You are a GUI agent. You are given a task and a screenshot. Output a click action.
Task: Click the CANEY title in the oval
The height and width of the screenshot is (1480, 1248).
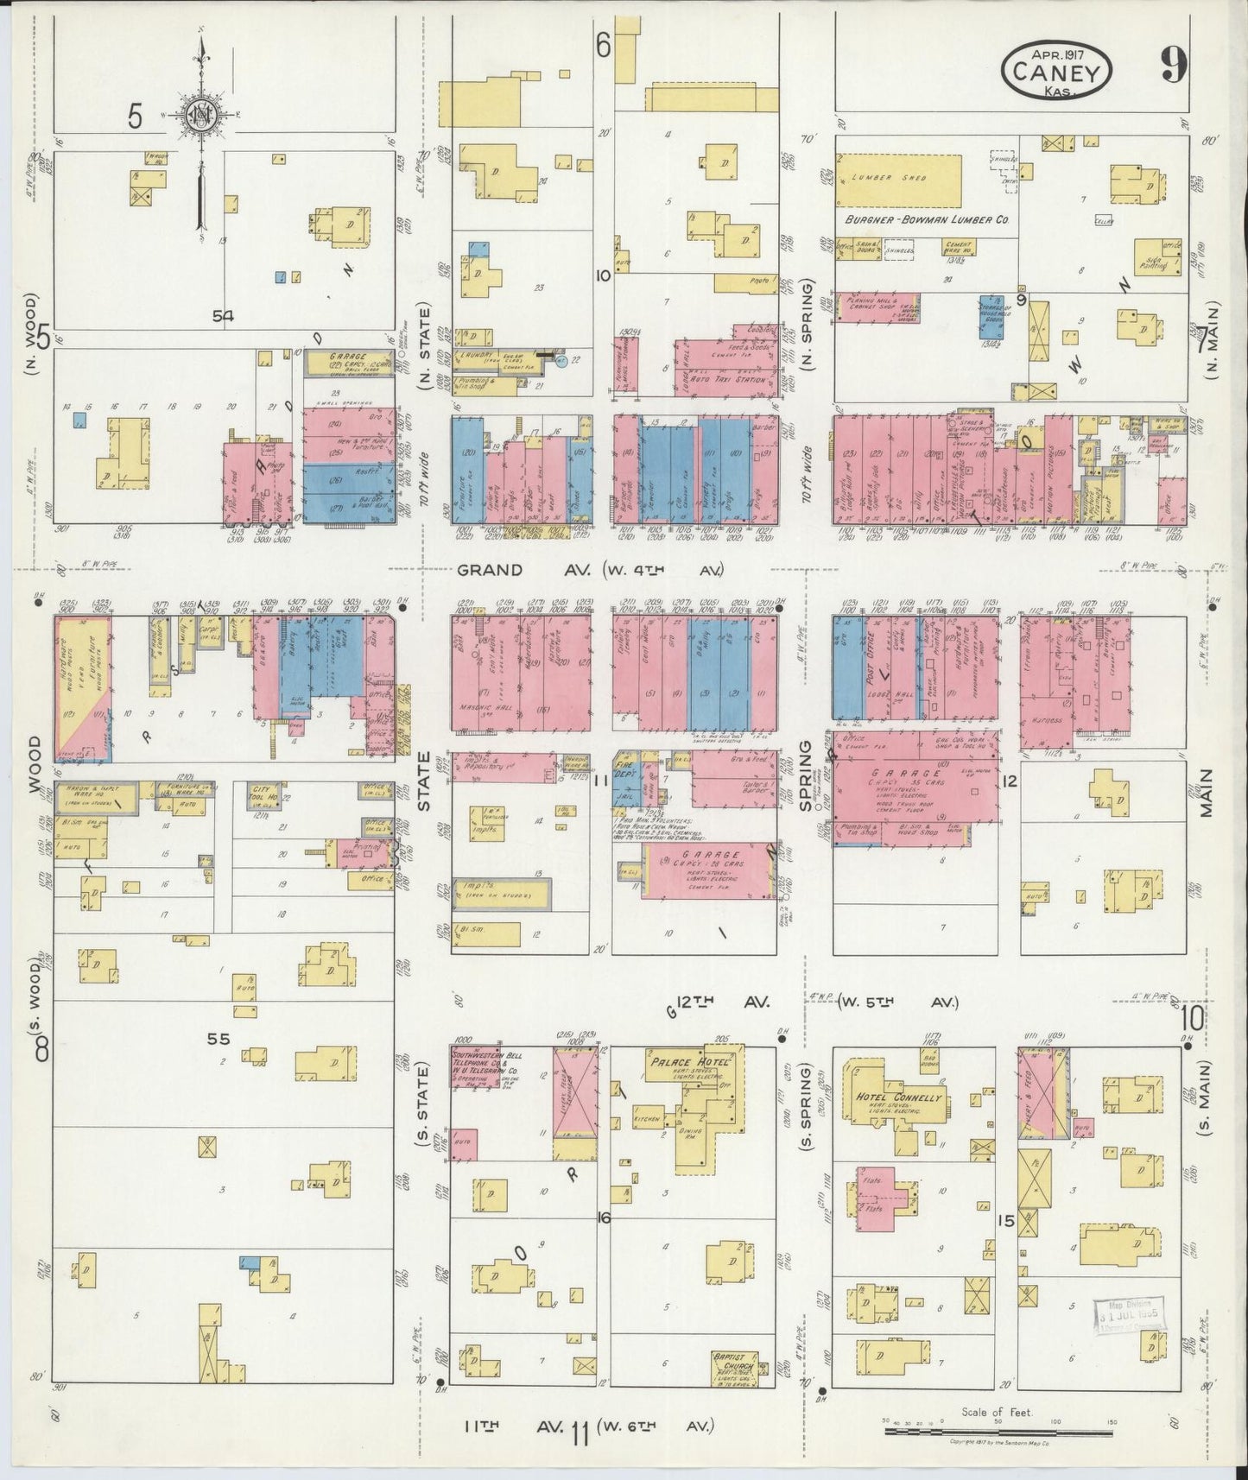[x=1057, y=73]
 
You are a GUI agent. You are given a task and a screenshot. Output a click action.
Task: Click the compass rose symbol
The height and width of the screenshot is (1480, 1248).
[x=201, y=114]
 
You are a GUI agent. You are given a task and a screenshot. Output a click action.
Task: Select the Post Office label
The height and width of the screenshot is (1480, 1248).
[x=872, y=662]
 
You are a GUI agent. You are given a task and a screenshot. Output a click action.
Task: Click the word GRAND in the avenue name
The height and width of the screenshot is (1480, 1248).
[x=490, y=570]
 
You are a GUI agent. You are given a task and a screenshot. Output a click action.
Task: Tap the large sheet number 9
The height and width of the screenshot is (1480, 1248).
[x=1173, y=65]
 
